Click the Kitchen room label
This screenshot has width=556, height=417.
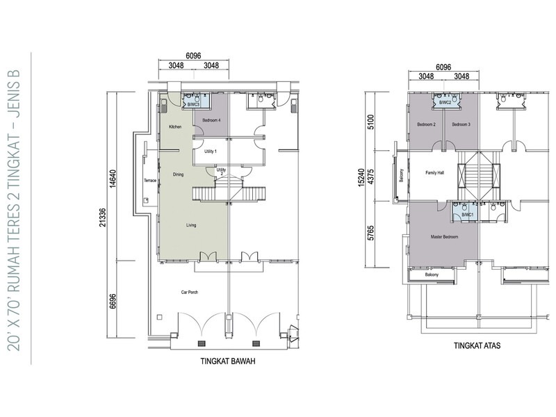pos(175,126)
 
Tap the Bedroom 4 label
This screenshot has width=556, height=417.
pos(211,120)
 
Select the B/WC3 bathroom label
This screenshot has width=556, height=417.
pos(194,105)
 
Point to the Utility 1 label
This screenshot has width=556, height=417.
pos(211,151)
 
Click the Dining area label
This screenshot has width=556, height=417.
pos(179,174)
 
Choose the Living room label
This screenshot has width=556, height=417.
pos(190,225)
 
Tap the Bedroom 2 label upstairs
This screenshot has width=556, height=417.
pos(426,124)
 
